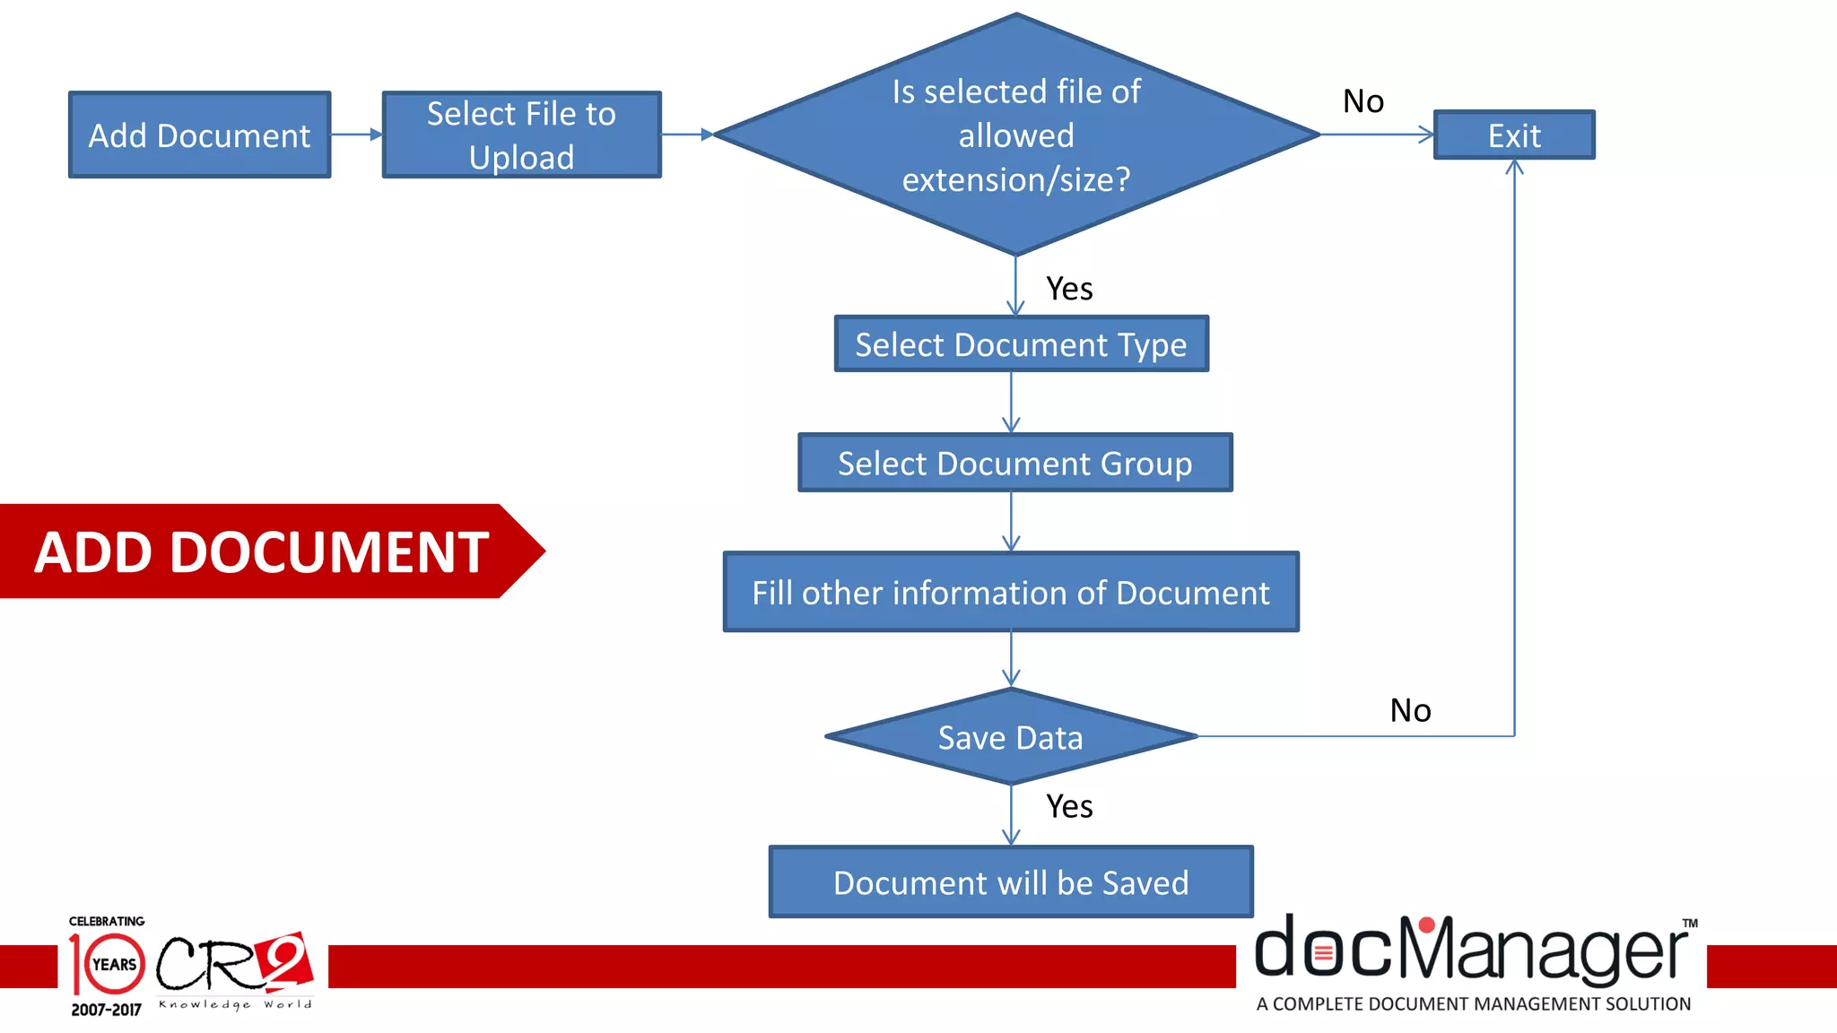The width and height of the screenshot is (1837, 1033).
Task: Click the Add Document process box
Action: (x=199, y=135)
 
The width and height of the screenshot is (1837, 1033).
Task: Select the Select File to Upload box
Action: (x=521, y=135)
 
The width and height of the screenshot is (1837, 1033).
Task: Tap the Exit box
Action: (x=1514, y=135)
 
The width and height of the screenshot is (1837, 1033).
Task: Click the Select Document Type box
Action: (x=1021, y=344)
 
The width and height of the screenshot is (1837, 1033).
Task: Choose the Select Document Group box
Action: (x=1014, y=463)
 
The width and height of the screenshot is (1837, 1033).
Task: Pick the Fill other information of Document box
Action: (x=1011, y=592)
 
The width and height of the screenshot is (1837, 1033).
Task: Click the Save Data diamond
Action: (x=1011, y=737)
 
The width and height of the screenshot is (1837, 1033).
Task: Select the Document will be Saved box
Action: (x=1011, y=882)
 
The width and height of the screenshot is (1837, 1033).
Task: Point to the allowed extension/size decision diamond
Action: (x=1015, y=135)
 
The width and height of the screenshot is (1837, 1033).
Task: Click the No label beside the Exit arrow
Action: (x=1363, y=101)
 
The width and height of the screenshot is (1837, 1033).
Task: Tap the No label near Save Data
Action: (x=1410, y=710)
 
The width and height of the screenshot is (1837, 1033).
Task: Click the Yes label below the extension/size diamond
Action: (x=1069, y=289)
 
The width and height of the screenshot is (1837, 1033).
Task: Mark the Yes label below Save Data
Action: (x=1069, y=806)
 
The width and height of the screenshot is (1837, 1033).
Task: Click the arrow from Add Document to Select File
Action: (x=356, y=135)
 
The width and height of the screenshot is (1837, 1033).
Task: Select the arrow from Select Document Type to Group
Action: (x=1011, y=403)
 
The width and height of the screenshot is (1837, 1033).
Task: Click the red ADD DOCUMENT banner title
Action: (x=262, y=551)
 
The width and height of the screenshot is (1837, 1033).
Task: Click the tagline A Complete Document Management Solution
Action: (x=1473, y=1004)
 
